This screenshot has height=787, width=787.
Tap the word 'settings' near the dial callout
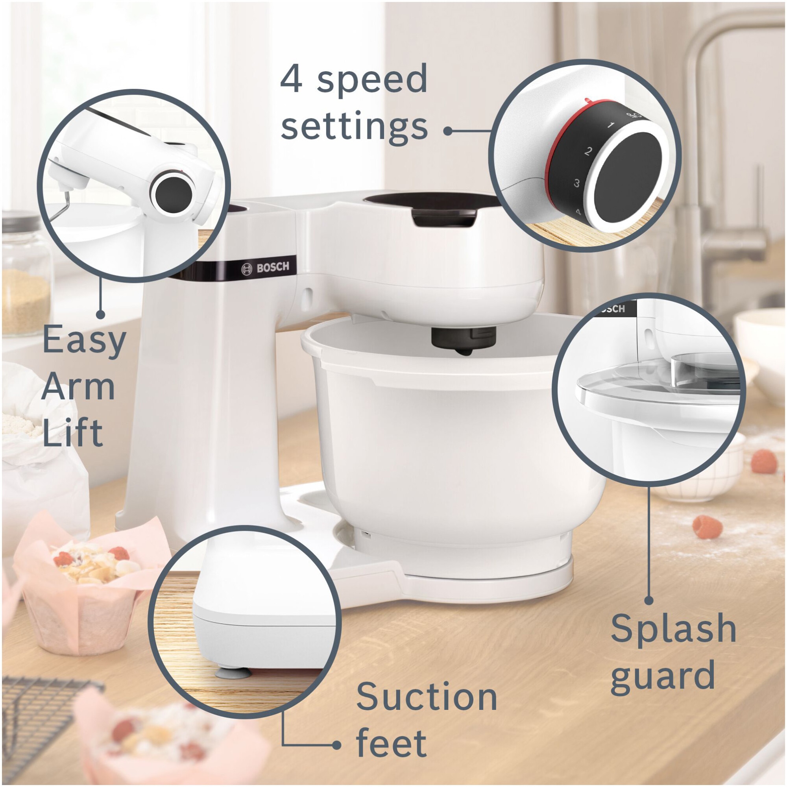click(354, 127)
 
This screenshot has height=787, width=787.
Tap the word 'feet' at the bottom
click(392, 742)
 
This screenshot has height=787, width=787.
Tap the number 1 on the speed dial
click(610, 125)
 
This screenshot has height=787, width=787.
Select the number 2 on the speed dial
click(588, 152)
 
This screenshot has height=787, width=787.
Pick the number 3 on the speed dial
click(576, 183)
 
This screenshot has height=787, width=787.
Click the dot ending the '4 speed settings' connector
click(448, 131)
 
